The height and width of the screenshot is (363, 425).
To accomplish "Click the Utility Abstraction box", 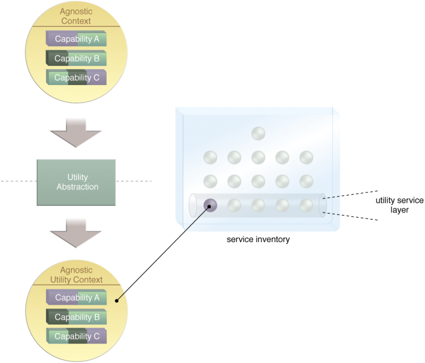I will point(77,182).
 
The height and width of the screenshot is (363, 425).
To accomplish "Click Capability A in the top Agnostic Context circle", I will point(76,39).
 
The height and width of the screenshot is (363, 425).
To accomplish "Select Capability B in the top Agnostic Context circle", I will point(76,59).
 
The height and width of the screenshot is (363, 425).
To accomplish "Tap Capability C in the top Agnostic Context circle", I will point(76,78).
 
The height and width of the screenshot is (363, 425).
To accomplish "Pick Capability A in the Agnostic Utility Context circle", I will point(76,298).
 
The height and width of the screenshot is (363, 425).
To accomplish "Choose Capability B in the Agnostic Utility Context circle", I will point(76,317).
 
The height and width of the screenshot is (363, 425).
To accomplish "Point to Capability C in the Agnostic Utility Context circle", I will point(76,336).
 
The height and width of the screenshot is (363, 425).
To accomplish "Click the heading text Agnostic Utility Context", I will point(76,275).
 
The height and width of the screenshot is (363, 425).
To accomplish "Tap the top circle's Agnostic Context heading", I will point(76,17).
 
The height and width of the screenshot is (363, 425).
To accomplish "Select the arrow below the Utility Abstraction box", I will point(76,233).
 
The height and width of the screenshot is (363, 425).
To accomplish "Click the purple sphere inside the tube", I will point(210,206).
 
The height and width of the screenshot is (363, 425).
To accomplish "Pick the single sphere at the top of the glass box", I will point(258,133).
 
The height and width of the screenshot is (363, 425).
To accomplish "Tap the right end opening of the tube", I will point(323,204).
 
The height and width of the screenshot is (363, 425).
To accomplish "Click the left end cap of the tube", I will point(193,206).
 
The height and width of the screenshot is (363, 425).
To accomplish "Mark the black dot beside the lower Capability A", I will point(116,301).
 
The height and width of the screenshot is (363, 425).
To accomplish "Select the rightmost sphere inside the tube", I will point(307,206).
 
